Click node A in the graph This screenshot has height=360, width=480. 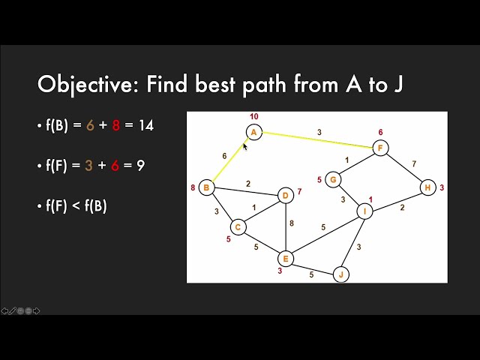[x=253, y=132]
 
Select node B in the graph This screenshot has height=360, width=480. [x=206, y=187]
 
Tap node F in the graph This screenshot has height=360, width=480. [x=381, y=148]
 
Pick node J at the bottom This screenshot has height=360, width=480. [x=342, y=274]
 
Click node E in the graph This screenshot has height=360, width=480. [x=285, y=258]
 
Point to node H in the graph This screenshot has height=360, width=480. [x=427, y=187]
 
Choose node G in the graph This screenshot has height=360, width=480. [x=334, y=179]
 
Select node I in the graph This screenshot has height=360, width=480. [x=364, y=211]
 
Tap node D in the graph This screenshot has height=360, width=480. [x=285, y=195]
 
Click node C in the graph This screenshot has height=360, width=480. [x=238, y=226]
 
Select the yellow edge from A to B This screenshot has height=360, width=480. [x=229, y=160]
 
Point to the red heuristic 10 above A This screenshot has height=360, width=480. [x=253, y=117]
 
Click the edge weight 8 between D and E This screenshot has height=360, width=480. [x=291, y=223]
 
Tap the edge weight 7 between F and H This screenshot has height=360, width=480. [x=413, y=163]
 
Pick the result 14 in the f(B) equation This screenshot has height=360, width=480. [x=145, y=125]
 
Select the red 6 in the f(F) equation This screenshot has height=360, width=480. [x=115, y=165]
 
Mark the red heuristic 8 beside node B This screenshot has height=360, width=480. [x=193, y=187]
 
